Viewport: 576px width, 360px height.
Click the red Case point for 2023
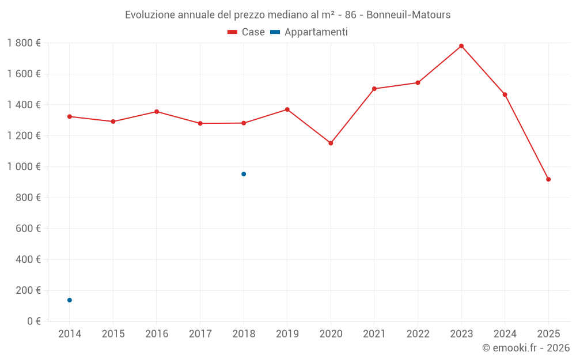[461, 46]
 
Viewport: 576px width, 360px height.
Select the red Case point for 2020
[331, 143]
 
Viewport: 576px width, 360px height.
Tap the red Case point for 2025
[548, 179]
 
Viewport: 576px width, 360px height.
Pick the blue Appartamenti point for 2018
[244, 174]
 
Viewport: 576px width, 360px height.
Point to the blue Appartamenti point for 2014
[70, 300]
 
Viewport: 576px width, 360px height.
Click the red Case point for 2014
[70, 116]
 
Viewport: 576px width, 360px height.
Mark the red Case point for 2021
[374, 89]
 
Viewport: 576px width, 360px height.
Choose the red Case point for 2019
[287, 109]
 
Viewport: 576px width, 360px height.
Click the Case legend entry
[247, 32]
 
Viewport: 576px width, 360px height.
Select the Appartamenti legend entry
[309, 32]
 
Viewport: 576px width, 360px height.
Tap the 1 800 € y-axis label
[24, 43]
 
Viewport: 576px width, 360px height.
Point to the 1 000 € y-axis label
[24, 166]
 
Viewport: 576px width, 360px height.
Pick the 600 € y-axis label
[27, 228]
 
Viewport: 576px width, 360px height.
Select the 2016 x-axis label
[157, 334]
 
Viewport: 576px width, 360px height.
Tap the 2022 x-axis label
[418, 334]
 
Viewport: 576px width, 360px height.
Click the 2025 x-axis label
[548, 334]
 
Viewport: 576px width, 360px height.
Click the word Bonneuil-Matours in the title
[408, 15]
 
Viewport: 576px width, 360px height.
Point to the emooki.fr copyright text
[526, 348]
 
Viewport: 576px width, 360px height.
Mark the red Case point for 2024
[505, 94]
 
